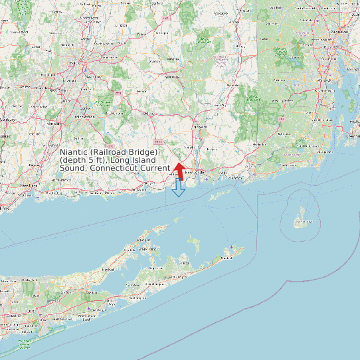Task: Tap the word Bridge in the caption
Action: (142, 153)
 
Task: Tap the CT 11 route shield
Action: (157, 141)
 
